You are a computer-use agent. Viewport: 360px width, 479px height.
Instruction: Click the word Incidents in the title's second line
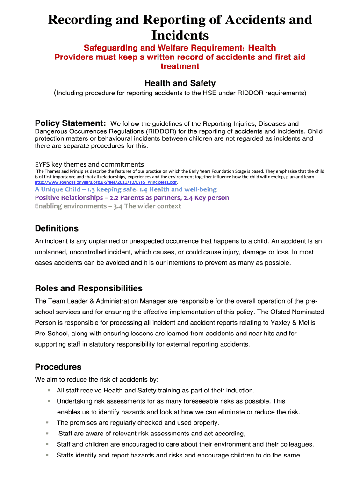pyautogui.click(x=180, y=35)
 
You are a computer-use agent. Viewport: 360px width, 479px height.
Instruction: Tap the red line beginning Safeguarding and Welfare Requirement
pyautogui.click(x=180, y=48)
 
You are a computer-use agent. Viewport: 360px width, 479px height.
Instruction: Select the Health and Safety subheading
pyautogui.click(x=180, y=83)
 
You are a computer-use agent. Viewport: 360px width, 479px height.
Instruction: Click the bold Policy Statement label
pyautogui.click(x=70, y=123)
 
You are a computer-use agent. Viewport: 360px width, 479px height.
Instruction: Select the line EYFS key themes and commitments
pyautogui.click(x=89, y=164)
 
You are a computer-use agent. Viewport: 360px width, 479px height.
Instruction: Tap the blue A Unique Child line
pyautogui.click(x=126, y=189)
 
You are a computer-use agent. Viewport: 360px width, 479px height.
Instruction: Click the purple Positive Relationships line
pyautogui.click(x=132, y=198)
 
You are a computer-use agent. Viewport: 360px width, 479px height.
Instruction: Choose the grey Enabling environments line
pyautogui.click(x=108, y=206)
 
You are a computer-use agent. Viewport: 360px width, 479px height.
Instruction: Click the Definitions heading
pyautogui.click(x=57, y=229)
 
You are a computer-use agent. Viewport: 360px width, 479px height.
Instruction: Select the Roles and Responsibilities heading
pyautogui.click(x=89, y=288)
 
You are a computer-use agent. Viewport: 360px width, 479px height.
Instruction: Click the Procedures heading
pyautogui.click(x=58, y=367)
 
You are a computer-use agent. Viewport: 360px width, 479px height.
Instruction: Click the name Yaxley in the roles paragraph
pyautogui.click(x=287, y=322)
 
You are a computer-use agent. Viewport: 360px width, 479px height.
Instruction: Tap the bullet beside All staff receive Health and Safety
pyautogui.click(x=49, y=390)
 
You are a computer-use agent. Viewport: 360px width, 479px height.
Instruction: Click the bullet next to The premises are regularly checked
pyautogui.click(x=49, y=422)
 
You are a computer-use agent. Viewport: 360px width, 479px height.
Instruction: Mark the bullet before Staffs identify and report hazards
pyautogui.click(x=49, y=455)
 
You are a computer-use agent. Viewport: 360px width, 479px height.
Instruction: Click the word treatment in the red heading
pyautogui.click(x=180, y=66)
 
